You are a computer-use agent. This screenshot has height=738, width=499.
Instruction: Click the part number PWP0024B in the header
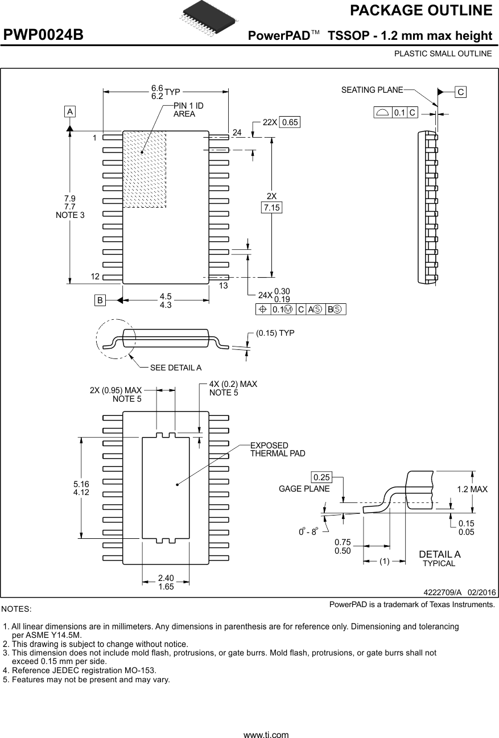point(44,35)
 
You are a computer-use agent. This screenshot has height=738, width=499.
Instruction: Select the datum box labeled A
point(69,112)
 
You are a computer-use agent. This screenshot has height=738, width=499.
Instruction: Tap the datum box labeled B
point(100,300)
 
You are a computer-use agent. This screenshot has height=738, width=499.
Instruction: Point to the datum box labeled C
point(460,92)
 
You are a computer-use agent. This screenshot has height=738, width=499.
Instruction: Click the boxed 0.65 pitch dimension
point(290,122)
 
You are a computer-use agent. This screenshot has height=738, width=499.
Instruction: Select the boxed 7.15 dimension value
point(272,208)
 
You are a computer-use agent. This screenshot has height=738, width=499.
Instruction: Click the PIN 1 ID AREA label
point(188,110)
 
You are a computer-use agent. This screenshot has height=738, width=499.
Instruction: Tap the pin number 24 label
point(237,132)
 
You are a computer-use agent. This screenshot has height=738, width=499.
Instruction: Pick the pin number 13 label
point(223,286)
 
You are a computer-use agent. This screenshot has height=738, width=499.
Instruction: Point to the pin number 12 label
point(94,277)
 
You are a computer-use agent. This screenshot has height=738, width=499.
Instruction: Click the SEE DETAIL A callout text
point(176,368)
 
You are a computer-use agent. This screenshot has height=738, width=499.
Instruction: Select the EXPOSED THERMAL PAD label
point(278,450)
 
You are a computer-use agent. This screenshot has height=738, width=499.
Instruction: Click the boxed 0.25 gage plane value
point(321,476)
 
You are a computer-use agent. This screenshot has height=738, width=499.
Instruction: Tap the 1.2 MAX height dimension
point(472,489)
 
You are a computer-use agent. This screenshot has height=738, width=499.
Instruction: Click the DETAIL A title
point(439,554)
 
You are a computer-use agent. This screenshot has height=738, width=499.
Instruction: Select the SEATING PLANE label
point(372,90)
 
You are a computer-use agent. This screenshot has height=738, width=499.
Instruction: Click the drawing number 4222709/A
point(443,592)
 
